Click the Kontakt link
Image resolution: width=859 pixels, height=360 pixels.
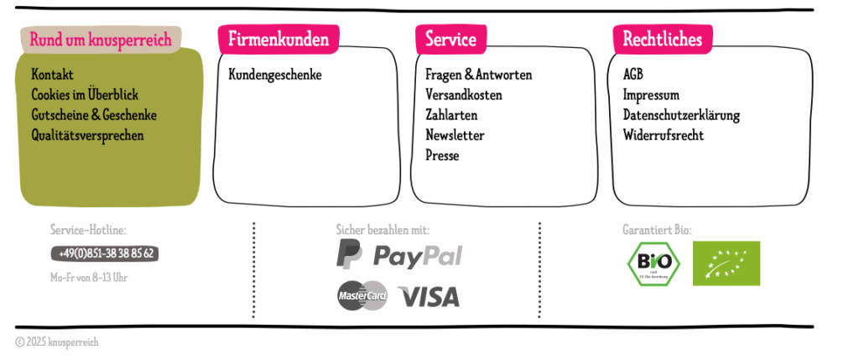52,75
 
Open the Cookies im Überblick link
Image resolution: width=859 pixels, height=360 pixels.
85,95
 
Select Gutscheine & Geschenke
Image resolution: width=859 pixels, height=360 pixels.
94,115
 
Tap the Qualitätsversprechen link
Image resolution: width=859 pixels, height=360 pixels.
87,135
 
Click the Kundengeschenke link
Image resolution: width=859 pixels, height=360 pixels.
274,75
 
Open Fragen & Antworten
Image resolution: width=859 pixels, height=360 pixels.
478,75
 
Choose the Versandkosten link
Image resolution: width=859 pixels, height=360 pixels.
463,95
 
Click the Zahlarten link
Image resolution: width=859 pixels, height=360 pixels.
451,115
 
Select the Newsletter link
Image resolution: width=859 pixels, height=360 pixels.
455,135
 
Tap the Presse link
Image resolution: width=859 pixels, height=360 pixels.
442,155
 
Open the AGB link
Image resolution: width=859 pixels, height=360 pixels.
633,75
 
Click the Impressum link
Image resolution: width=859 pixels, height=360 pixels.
651,95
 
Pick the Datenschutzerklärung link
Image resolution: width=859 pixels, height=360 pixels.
681,115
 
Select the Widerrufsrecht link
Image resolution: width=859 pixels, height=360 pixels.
663,135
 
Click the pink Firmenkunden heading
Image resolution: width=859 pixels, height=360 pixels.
279,39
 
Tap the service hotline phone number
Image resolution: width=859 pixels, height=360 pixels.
106,253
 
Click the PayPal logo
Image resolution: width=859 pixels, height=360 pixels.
399,254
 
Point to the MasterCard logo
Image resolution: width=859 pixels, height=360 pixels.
362,296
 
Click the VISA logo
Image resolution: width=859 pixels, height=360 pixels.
428,296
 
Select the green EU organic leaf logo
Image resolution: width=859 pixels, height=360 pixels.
726,263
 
